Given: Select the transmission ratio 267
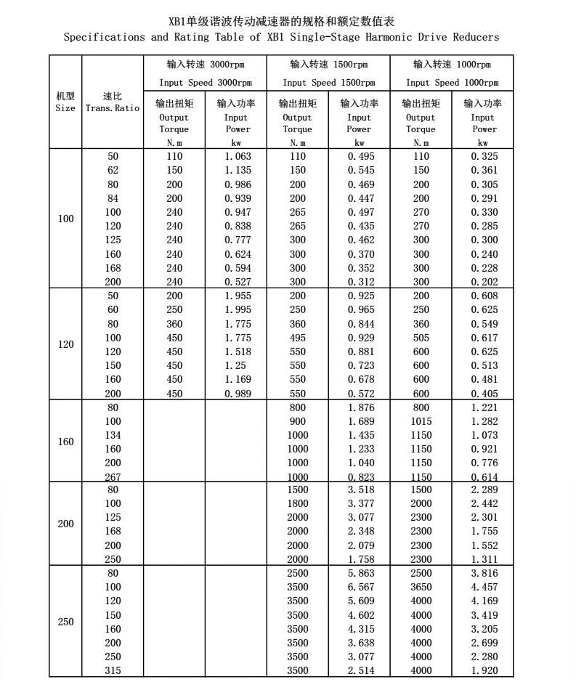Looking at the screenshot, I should pyautogui.click(x=113, y=477).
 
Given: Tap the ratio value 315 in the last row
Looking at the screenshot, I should pyautogui.click(x=113, y=670).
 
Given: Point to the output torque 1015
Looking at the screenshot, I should pyautogui.click(x=421, y=421).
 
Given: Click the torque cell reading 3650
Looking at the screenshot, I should pyautogui.click(x=421, y=587).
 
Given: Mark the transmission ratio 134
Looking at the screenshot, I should pyautogui.click(x=113, y=435).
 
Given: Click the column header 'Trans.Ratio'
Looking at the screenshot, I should pyautogui.click(x=113, y=108).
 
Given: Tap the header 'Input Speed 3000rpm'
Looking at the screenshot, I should pyautogui.click(x=206, y=83).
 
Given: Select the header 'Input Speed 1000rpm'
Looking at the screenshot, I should pyautogui.click(x=452, y=83).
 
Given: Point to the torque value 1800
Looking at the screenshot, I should pyautogui.click(x=297, y=503).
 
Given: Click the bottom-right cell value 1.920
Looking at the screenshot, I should pyautogui.click(x=484, y=670).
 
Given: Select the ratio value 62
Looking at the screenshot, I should pyautogui.click(x=113, y=170).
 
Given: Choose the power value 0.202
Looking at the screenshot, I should pyautogui.click(x=484, y=282).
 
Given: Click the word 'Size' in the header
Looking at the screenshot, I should pyautogui.click(x=65, y=108).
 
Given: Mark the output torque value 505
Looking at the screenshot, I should pyautogui.click(x=421, y=338).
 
